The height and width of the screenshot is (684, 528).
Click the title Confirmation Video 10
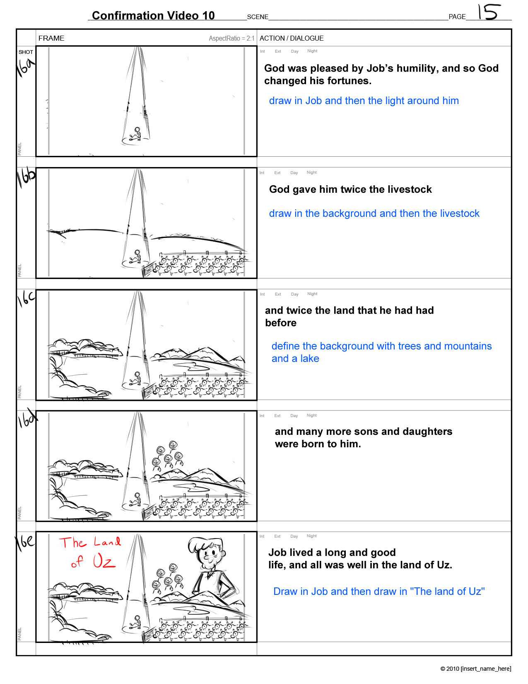[153, 15]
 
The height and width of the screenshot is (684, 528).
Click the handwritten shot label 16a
[25, 67]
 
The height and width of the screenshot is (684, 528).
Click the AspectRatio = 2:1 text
[231, 39]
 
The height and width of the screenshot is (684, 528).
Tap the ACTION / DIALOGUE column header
[292, 38]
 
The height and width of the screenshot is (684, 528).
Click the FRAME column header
[51, 38]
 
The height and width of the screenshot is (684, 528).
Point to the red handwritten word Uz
[104, 561]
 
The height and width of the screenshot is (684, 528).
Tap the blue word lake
[309, 358]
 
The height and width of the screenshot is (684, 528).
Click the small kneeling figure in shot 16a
[136, 134]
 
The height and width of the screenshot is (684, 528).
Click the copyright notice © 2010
[475, 668]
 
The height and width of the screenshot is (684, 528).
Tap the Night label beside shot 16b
[312, 172]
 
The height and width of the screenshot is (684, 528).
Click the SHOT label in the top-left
[26, 52]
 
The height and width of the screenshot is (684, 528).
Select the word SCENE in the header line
[258, 17]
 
